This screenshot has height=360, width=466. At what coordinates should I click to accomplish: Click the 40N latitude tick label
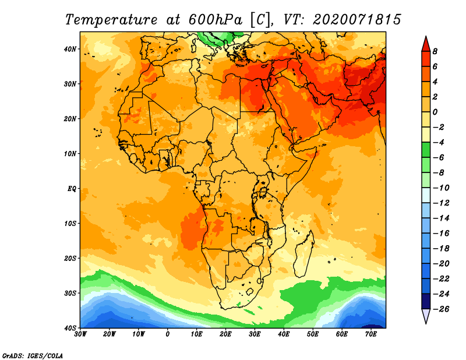pos(70,49)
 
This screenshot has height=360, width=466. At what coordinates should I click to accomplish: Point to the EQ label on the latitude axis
pos(72,189)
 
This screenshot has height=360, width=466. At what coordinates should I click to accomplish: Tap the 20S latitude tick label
pos(70,258)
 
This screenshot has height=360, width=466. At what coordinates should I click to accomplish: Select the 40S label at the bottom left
pos(70,328)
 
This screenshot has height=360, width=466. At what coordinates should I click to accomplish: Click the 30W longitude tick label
pos(80,334)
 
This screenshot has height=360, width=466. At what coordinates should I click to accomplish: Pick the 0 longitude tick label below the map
pos(168,334)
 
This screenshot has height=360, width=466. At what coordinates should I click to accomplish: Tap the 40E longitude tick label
pos(284,334)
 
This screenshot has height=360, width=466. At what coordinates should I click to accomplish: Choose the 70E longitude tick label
pos(371,334)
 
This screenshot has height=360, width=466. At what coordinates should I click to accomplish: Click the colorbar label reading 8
pos(435,51)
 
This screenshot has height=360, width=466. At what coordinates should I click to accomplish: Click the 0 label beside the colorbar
pos(435,112)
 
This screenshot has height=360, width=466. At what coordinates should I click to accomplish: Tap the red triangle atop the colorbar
pos(426,44)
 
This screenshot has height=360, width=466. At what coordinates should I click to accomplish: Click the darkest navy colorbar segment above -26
pos(426,301)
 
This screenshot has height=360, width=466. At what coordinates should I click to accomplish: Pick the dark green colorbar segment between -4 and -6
pos(426,150)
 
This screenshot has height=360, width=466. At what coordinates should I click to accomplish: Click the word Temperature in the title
pos(111,20)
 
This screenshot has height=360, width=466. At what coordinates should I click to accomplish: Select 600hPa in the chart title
pos(216,20)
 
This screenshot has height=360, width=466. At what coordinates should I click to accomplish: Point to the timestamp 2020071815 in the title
pos(357,20)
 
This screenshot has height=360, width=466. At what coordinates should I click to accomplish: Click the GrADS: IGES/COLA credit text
pos(33,355)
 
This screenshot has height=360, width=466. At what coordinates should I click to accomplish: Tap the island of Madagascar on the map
pos(304,253)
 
